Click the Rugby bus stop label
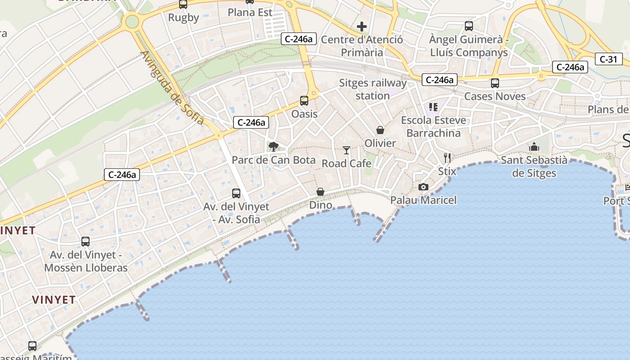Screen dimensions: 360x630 coord(184,18)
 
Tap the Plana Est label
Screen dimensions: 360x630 coord(250,13)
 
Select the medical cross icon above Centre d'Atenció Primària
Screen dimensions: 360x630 coord(362,27)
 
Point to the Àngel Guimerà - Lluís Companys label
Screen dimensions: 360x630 coord(469,46)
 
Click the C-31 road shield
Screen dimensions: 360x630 coord(608,58)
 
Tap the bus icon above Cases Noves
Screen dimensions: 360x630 coord(495,83)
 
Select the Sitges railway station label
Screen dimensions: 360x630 coord(373,89)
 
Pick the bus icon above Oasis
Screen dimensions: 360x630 coord(304,101)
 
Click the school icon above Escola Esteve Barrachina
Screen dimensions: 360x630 coord(433,107)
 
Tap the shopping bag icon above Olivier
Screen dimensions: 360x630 coord(380,130)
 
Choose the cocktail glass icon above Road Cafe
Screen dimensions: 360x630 coord(346,150)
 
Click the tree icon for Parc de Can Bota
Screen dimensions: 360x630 coord(273,146)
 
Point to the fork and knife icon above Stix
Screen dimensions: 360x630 coord(447,157)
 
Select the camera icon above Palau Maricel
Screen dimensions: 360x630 coord(423,187)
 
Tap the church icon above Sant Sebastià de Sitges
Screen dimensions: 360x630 coord(534,147)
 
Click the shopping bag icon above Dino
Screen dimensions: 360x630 coord(320,192)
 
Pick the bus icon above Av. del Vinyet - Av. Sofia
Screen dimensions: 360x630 coord(236,193)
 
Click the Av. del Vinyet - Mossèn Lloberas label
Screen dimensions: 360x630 coord(86,261)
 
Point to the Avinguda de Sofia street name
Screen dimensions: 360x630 coord(172,88)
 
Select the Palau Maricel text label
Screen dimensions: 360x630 coord(423,200)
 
